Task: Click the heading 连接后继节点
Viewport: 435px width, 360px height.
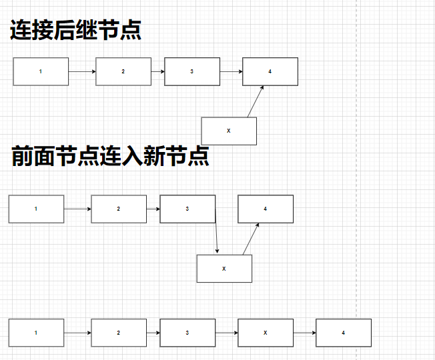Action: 75,31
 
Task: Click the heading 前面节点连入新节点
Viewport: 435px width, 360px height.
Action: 111,156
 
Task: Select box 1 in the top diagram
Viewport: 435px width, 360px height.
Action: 41,71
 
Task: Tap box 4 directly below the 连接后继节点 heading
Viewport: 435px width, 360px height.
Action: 270,71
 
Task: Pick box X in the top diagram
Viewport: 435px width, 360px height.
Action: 229,131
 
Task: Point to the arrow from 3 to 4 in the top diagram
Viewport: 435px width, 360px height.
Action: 231,71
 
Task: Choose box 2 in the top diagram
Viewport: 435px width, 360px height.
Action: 123,71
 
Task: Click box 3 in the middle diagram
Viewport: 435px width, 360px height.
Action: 187,209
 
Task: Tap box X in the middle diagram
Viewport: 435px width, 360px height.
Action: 224,269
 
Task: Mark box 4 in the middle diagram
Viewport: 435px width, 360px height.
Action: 266,209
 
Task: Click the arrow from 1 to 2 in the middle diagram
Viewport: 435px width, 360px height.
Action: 77,209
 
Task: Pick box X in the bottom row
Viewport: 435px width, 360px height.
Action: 266,333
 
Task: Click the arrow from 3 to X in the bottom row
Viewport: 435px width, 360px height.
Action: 227,333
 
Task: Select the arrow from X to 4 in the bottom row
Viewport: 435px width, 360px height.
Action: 304,333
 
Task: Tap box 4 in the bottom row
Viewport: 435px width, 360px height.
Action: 343,333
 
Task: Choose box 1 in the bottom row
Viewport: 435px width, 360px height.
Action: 36,333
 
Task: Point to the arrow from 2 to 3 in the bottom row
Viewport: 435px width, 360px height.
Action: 153,333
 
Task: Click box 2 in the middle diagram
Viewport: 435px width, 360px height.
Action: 119,209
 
